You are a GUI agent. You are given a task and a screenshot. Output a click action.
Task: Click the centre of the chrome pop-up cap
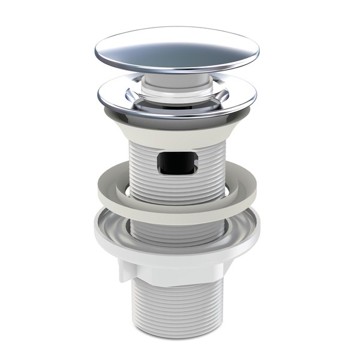pyautogui.click(x=177, y=49)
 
